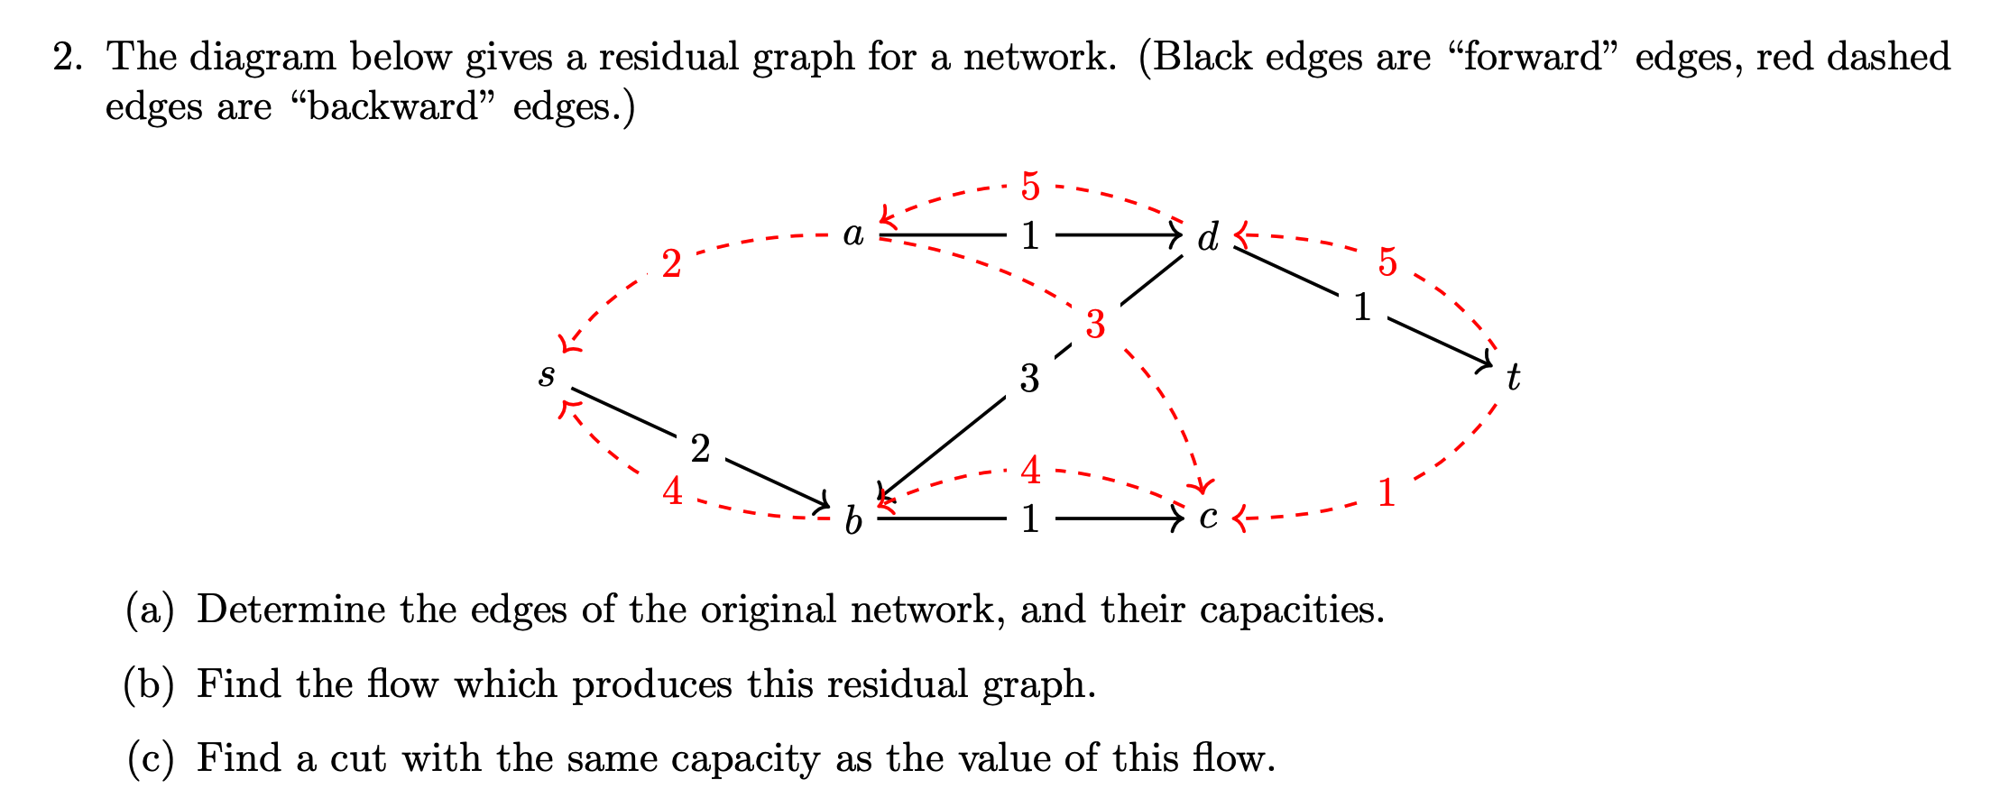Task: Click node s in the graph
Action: [547, 375]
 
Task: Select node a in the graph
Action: [853, 234]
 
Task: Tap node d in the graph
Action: [1208, 238]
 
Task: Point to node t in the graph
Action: [1513, 377]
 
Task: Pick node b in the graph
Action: [853, 520]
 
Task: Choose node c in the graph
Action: [1208, 518]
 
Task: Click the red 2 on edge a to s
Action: [671, 265]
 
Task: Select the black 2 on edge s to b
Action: [700, 449]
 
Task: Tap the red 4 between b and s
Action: [672, 492]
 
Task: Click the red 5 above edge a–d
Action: [1030, 188]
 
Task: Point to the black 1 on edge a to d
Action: [1030, 236]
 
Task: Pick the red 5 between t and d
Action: [1387, 262]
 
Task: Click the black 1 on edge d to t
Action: [1362, 308]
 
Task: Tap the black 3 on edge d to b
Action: [1029, 379]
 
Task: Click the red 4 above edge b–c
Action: [1030, 471]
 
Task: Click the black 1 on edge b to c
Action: [1030, 519]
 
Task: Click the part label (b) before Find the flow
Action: [149, 684]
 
